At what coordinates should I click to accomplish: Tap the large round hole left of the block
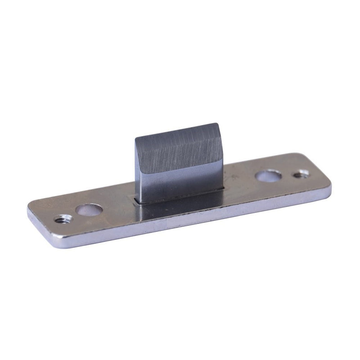(89, 210)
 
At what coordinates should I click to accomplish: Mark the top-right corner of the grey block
(218, 124)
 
